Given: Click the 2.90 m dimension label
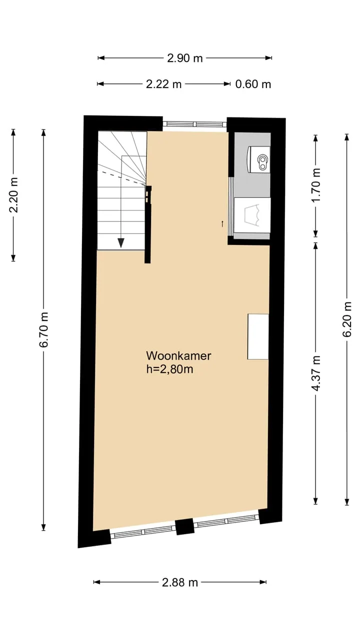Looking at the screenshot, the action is [185, 58].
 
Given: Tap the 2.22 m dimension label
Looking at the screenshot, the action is [163, 84].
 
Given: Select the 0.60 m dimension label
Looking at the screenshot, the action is [253, 84].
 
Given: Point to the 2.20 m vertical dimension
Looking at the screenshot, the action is [13, 195].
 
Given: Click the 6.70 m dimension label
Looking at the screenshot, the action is [43, 329].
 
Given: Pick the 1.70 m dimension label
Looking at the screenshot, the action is [315, 185].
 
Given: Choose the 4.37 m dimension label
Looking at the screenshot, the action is [315, 373].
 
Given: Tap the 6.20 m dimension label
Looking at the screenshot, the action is [347, 319].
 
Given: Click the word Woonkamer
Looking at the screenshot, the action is [179, 355].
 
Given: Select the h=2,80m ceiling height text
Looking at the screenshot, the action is [169, 369].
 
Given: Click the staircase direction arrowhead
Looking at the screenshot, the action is [121, 242].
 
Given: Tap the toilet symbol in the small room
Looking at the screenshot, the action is [258, 159].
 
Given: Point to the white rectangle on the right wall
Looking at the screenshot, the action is [258, 336].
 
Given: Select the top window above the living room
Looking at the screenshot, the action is [194, 124].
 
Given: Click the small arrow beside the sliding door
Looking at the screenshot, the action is [222, 223].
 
